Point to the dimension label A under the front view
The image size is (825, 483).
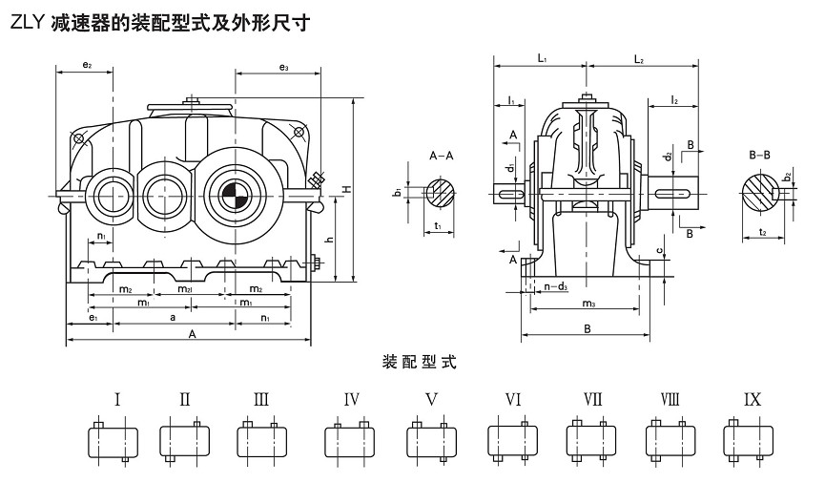pyautogui.click(x=192, y=334)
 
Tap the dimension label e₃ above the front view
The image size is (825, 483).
pyautogui.click(x=283, y=66)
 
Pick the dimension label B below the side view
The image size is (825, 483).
pyautogui.click(x=588, y=328)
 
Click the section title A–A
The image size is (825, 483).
pyautogui.click(x=442, y=156)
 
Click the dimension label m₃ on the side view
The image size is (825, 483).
pyautogui.click(x=588, y=304)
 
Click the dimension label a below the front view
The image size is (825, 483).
pyautogui.click(x=172, y=315)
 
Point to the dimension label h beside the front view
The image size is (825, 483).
pyautogui.click(x=331, y=239)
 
